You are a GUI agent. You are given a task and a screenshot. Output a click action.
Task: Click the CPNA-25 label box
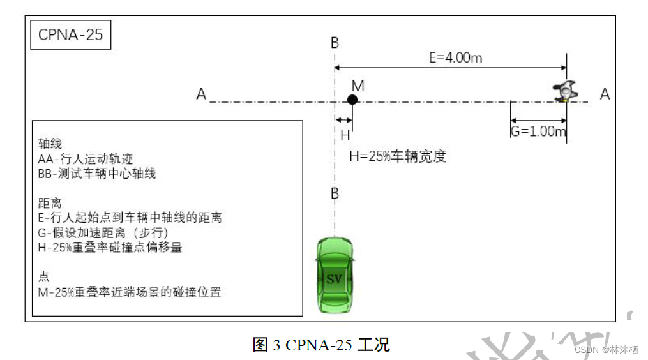click(70, 35)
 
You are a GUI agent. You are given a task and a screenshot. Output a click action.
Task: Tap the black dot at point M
click(352, 100)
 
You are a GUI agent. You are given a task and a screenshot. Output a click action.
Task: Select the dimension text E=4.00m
click(455, 57)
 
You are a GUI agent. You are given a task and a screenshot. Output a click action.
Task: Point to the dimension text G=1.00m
click(538, 132)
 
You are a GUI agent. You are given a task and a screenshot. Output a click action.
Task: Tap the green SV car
click(335, 274)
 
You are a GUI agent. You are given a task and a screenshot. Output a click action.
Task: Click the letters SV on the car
click(335, 279)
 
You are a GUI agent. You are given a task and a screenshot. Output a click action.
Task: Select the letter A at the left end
click(201, 94)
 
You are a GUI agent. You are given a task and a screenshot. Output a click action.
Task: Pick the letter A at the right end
click(605, 94)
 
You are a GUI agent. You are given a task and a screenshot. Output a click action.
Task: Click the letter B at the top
click(335, 43)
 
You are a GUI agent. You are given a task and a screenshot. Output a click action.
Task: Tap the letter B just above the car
click(335, 193)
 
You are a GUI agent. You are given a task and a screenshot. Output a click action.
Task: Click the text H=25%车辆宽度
click(398, 156)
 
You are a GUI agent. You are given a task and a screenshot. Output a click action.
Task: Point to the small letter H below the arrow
click(345, 135)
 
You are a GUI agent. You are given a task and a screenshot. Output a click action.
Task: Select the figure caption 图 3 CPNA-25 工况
click(321, 345)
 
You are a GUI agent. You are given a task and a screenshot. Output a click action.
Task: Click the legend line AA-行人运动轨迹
click(86, 159)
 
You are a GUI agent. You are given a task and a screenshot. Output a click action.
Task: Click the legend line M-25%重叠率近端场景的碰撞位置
click(130, 292)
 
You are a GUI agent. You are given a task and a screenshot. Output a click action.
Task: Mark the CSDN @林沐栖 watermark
click(606, 349)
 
